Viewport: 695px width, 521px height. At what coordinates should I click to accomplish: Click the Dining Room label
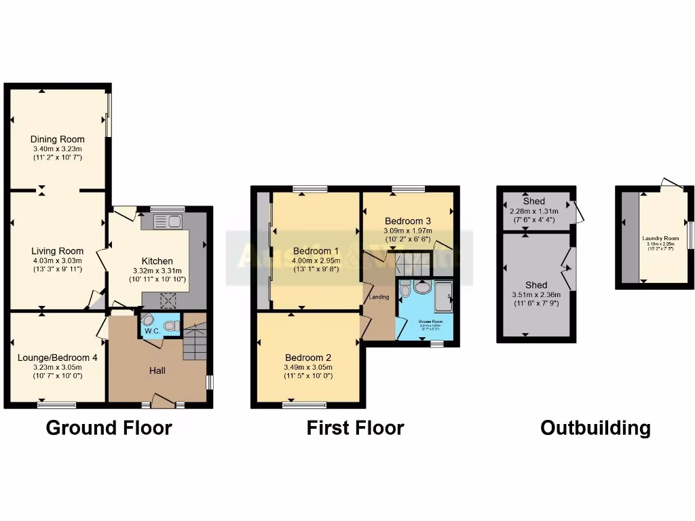click(x=57, y=138)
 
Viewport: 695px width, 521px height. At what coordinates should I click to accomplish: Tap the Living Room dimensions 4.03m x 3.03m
click(x=57, y=260)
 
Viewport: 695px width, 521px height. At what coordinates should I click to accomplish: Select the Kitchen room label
click(x=157, y=260)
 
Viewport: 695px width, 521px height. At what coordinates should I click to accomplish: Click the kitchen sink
click(x=167, y=221)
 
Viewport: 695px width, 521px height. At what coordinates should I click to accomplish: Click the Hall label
click(x=157, y=370)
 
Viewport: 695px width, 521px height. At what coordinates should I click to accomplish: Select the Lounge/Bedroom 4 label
click(x=57, y=358)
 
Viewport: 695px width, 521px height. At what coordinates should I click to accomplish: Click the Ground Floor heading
click(x=109, y=428)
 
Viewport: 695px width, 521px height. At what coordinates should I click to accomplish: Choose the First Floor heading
click(x=355, y=428)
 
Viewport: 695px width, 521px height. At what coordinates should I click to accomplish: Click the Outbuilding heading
click(x=595, y=428)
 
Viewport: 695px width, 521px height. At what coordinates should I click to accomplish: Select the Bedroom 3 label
click(x=407, y=221)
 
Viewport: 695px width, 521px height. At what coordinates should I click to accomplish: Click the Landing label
click(x=379, y=296)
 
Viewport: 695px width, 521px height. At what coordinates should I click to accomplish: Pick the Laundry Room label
click(x=660, y=238)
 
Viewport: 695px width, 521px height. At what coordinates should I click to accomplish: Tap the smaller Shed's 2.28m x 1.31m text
click(x=534, y=210)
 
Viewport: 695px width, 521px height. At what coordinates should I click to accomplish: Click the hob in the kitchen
click(x=168, y=299)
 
